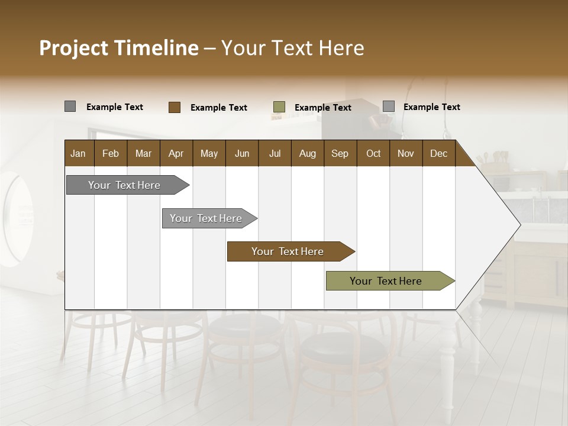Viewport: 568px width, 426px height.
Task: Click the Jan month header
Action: [79, 153]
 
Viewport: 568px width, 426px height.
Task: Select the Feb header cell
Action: [111, 153]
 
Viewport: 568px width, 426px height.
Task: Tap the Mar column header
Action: [143, 153]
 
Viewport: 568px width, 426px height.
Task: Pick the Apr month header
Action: [176, 153]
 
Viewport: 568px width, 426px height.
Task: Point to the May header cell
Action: [209, 153]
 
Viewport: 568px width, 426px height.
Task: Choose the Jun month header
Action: [242, 153]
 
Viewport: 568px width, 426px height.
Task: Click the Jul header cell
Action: [275, 153]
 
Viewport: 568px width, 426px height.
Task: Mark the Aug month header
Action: [308, 153]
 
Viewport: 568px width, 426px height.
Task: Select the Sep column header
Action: [340, 153]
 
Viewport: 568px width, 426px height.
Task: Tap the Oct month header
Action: [373, 153]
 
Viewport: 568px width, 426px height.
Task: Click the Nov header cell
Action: [406, 153]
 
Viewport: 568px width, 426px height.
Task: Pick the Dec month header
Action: [439, 153]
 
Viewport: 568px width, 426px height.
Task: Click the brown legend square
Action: [175, 107]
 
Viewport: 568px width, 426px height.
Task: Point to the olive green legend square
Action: [279, 107]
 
